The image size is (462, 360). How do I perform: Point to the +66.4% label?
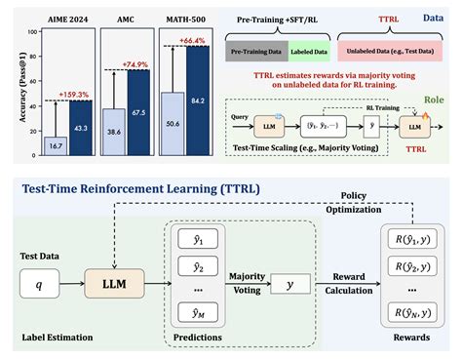click(194, 39)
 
